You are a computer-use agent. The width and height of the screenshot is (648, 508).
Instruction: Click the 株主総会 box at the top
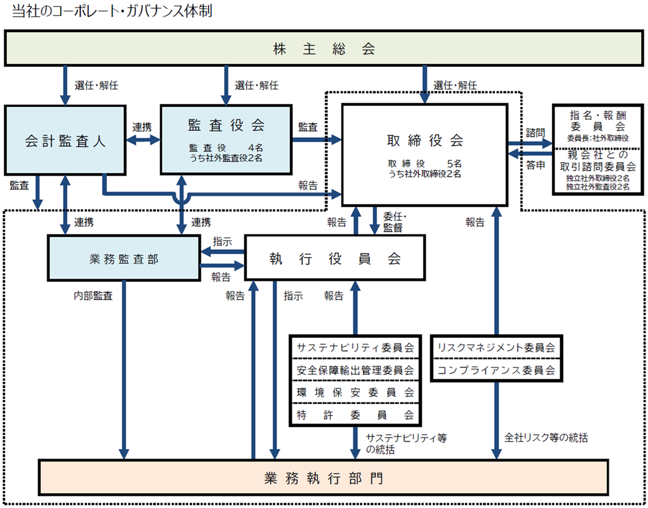point(323,49)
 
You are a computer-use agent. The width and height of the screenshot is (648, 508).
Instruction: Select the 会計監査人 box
point(64,140)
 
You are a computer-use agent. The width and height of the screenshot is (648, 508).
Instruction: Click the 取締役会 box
point(424,154)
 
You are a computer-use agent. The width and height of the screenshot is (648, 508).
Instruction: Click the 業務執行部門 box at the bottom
point(323,477)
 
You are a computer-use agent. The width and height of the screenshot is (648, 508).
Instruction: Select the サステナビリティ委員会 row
point(356,347)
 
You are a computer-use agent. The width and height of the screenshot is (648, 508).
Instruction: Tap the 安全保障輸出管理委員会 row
point(356,370)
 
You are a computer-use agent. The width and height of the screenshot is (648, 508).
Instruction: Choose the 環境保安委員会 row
point(356,392)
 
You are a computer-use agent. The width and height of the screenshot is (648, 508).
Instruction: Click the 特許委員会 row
point(356,414)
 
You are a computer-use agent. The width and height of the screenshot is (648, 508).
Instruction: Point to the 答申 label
point(535,166)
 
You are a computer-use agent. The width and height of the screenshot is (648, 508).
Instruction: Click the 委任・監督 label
point(396,221)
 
